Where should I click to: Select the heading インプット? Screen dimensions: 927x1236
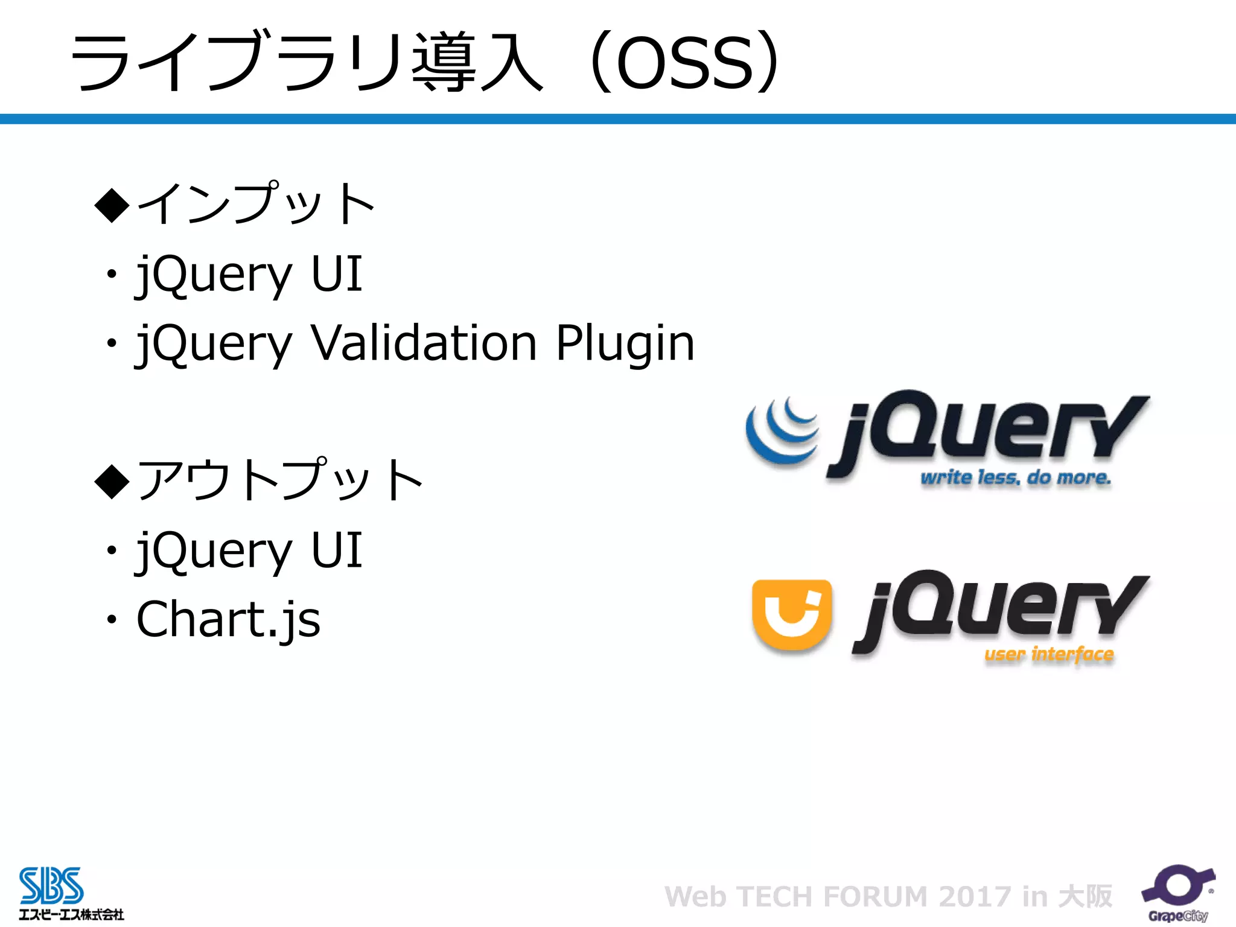pyautogui.click(x=256, y=203)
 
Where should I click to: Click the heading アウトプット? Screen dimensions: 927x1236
pyautogui.click(x=281, y=480)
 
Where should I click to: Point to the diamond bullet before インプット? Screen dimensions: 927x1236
pyautogui.click(x=112, y=205)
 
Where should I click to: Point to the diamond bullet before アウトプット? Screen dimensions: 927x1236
pyautogui.click(x=112, y=482)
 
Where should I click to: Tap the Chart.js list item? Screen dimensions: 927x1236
pyautogui.click(x=228, y=619)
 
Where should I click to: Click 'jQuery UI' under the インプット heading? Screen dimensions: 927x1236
pyautogui.click(x=249, y=275)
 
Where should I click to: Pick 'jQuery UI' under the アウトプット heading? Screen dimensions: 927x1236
pyautogui.click(x=249, y=550)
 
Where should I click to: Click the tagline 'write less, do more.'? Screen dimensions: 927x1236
pyautogui.click(x=1015, y=478)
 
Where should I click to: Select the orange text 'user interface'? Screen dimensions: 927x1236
pyautogui.click(x=1049, y=654)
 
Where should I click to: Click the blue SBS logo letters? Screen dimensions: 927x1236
pyautogui.click(x=51, y=885)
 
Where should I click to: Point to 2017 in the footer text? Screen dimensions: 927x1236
pyautogui.click(x=975, y=896)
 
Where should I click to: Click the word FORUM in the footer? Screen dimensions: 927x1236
pyautogui.click(x=875, y=896)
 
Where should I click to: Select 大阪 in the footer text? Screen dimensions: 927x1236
pyautogui.click(x=1085, y=896)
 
